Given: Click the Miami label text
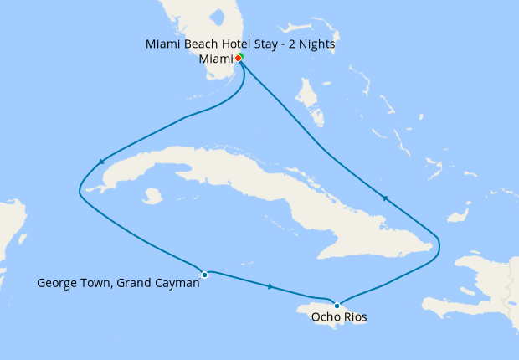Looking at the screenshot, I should tap(216, 59).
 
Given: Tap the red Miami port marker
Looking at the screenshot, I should tap(238, 59).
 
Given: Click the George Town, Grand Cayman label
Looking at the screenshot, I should tap(118, 283).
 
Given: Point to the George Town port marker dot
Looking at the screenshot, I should tap(204, 274).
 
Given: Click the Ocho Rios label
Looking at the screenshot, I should tap(339, 317).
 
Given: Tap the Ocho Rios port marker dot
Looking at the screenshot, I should tap(337, 305).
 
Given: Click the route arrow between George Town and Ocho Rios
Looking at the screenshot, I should tap(270, 287).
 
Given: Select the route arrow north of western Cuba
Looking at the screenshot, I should tap(101, 162).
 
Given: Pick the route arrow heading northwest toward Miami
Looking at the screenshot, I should tap(384, 198).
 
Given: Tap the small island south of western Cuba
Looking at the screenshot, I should tap(152, 196).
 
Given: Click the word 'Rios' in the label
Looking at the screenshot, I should tap(355, 317).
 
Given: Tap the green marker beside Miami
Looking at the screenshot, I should tap(240, 56).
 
